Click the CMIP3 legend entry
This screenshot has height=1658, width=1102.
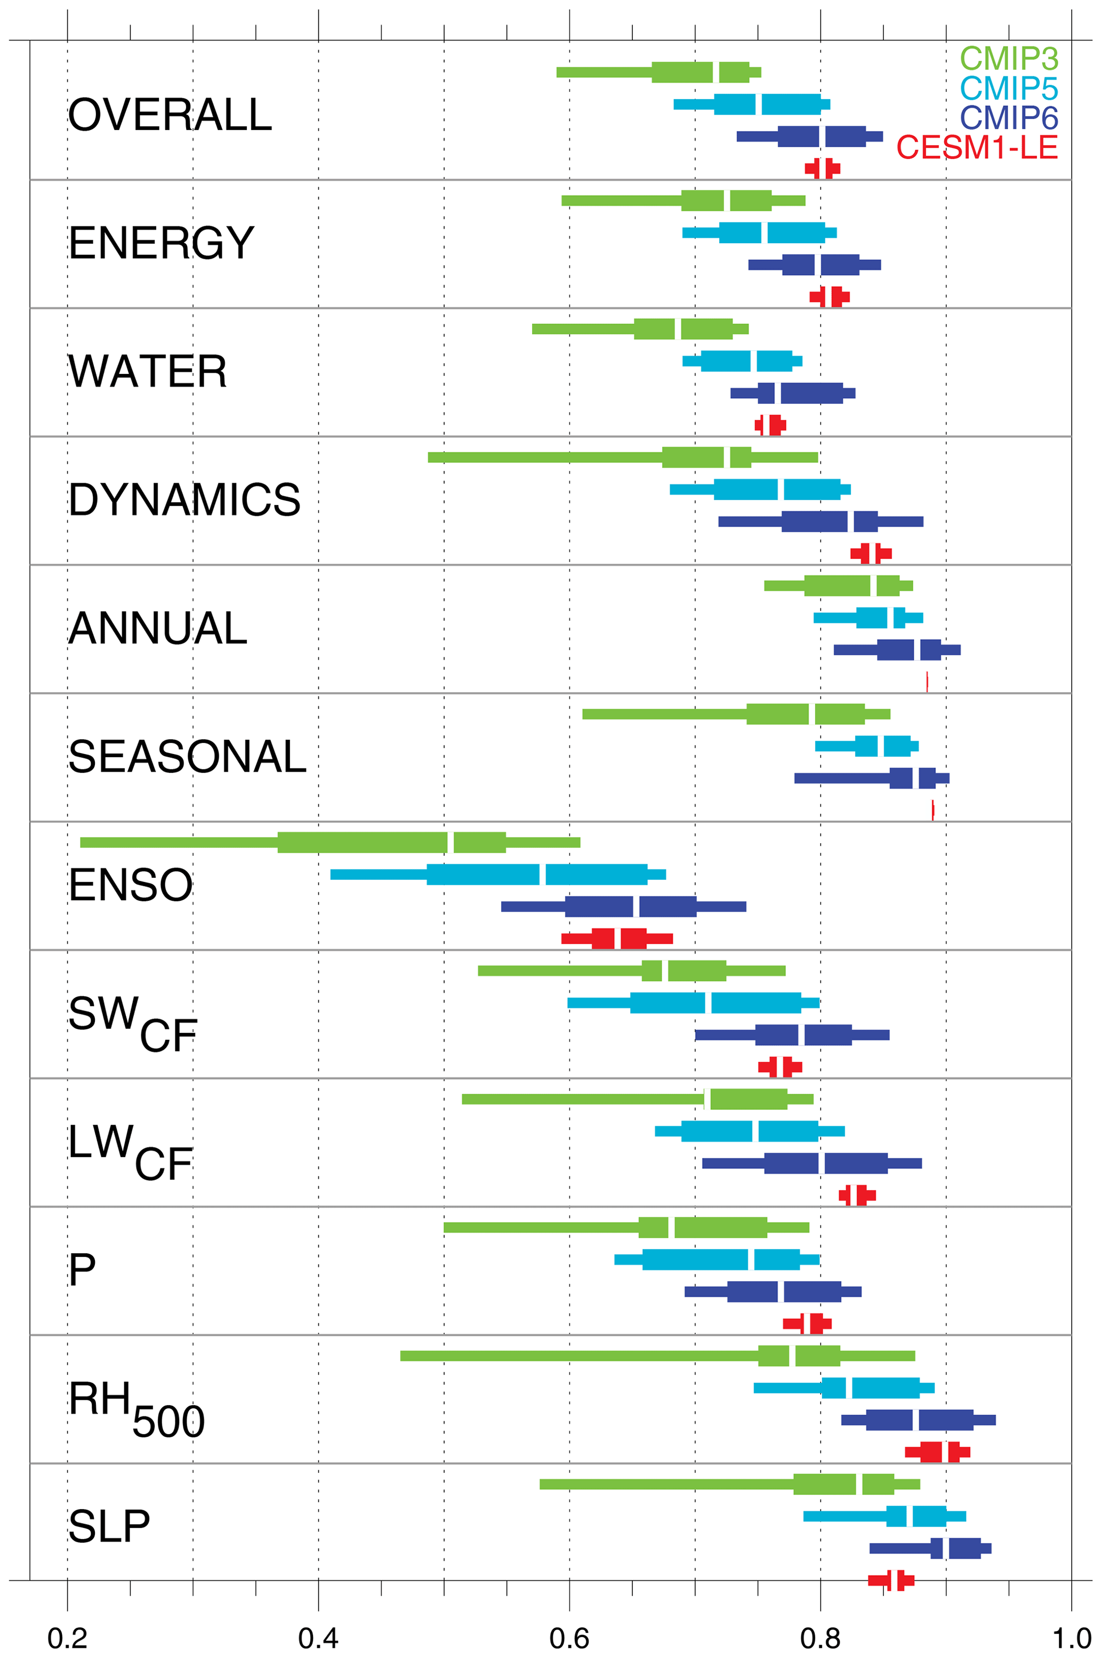point(1009,58)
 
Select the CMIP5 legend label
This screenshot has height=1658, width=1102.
point(1009,88)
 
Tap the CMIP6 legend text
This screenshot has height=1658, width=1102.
point(1009,117)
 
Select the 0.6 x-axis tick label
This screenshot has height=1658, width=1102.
point(569,1638)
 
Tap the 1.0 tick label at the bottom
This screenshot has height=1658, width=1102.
point(1071,1638)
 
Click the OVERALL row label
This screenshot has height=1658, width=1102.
point(170,115)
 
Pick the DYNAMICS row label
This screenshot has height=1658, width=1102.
point(184,500)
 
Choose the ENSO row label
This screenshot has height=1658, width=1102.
point(130,885)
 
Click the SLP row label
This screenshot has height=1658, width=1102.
point(109,1526)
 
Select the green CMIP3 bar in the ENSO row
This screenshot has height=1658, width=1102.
point(331,842)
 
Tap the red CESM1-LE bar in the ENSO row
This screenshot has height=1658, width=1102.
point(617,938)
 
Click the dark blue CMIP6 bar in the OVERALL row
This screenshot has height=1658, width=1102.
point(810,137)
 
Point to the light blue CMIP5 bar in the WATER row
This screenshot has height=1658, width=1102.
point(742,361)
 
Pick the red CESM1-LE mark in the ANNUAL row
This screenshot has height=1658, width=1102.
point(927,682)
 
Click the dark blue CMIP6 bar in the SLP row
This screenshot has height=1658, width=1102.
point(930,1548)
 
